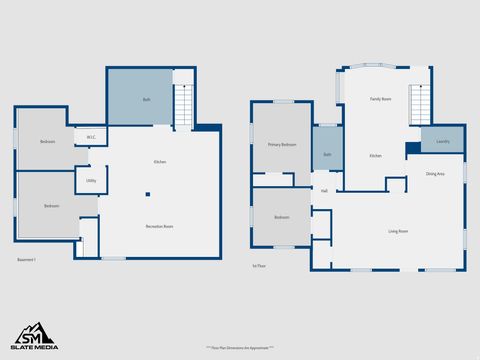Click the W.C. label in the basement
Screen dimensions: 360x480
[x=91, y=137]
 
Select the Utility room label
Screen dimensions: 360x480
[x=91, y=181]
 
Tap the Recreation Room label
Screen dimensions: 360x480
[x=160, y=226]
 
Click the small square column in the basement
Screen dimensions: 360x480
[x=147, y=194]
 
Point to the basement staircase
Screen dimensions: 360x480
[x=183, y=104]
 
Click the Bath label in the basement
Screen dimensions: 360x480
[x=146, y=99]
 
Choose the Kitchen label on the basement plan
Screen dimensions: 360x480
[x=160, y=162]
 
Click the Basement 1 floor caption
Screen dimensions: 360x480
[x=27, y=260]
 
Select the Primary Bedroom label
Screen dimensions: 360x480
[x=282, y=145]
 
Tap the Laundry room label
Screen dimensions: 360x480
[x=443, y=141]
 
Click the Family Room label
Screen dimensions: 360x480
[x=380, y=99]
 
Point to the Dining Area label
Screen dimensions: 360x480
[x=435, y=174]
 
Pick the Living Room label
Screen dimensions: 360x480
[x=398, y=231]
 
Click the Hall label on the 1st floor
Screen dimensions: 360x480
[x=324, y=190]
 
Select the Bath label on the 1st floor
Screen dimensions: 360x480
[x=327, y=155]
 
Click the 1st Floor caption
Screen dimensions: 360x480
[x=259, y=265]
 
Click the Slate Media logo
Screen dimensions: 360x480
[x=34, y=336]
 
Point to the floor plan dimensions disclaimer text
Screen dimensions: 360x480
[x=240, y=347]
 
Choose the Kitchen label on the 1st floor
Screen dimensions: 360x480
[x=375, y=156]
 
